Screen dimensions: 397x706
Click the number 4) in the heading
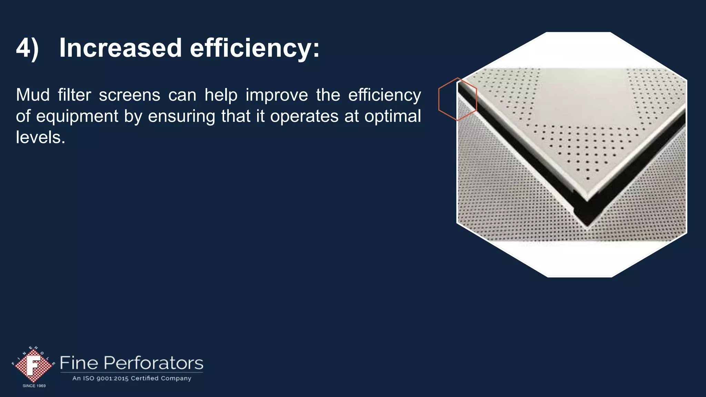point(27,48)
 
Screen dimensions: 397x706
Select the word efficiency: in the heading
point(255,48)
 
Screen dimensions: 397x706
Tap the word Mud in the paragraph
point(33,95)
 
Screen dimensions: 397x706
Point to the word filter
point(74,95)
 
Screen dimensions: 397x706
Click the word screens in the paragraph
point(129,95)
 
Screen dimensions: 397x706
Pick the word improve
point(276,95)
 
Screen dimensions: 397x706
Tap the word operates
point(304,116)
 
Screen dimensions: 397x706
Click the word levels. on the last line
point(41,138)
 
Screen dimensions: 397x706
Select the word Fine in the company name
point(79,363)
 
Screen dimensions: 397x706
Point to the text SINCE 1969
point(34,386)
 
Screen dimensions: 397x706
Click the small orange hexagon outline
point(457,99)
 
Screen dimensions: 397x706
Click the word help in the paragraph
point(221,95)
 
